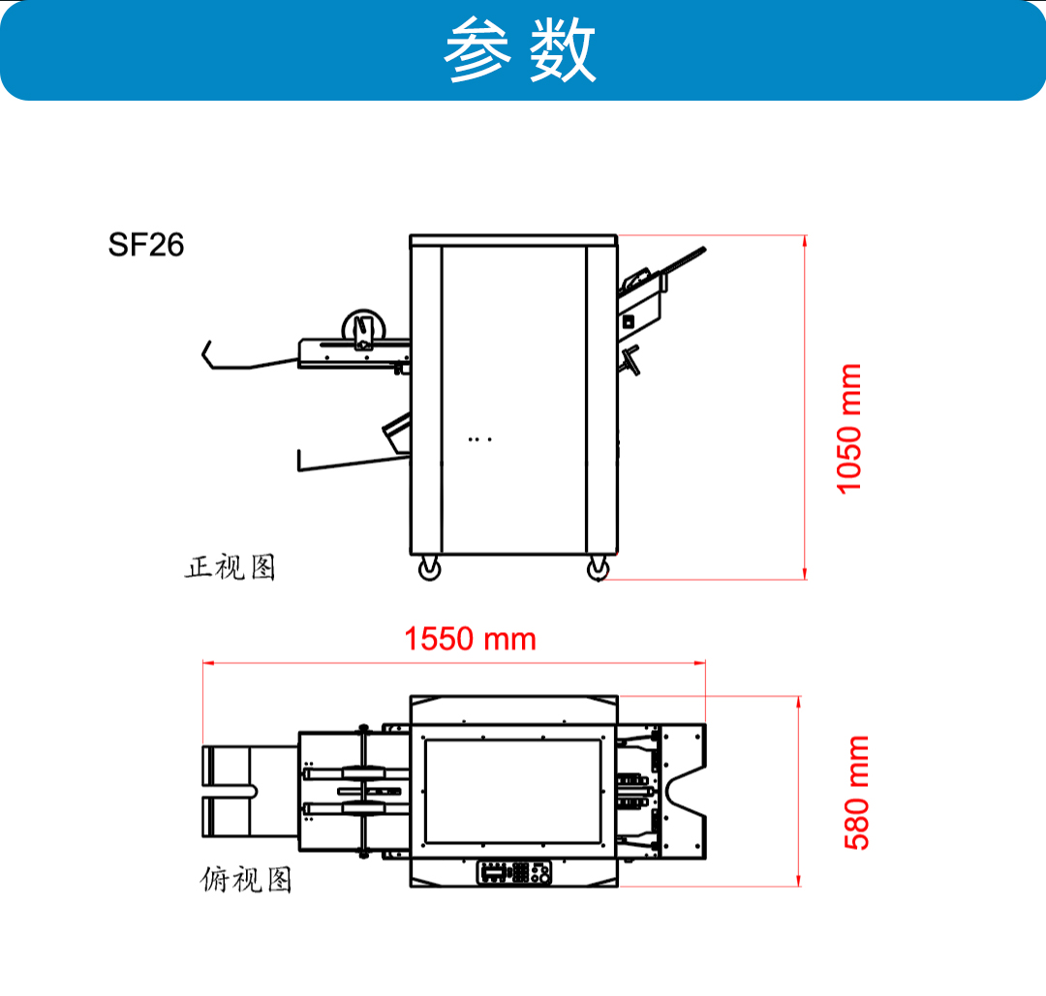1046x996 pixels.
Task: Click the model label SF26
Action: [146, 245]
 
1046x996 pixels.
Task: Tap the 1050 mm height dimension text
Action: [849, 429]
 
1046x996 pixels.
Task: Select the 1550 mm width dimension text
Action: [471, 639]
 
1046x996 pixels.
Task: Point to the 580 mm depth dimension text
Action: [856, 793]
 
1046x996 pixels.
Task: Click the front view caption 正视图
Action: [231, 567]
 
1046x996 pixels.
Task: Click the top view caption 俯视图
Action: [245, 879]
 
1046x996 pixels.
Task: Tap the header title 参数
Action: [520, 49]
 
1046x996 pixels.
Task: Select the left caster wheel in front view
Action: [429, 569]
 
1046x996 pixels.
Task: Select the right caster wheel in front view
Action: [599, 569]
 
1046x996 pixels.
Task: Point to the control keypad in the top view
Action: [514, 873]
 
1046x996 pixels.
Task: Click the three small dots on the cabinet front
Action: [480, 439]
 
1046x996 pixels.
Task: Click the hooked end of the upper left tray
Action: [208, 353]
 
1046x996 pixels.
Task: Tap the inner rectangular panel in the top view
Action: [513, 792]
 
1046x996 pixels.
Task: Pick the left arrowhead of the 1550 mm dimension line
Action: [208, 663]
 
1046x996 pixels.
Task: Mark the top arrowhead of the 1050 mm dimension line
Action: [805, 241]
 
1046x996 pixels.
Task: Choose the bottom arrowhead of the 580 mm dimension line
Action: [798, 881]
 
